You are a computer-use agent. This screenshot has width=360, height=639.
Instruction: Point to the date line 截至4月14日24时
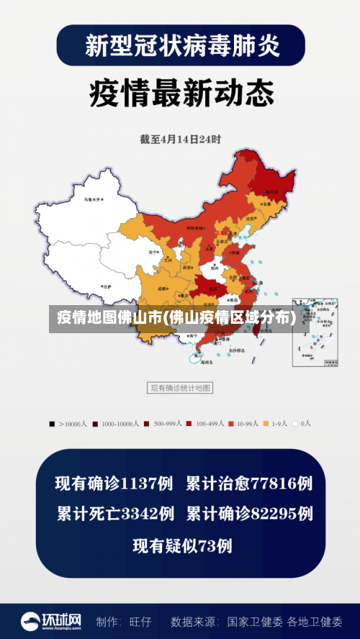180,139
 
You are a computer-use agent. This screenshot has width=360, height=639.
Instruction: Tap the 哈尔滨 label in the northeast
271,191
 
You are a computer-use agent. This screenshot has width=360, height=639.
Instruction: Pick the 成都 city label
161,288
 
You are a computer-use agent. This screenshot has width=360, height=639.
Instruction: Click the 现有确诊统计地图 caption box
180,388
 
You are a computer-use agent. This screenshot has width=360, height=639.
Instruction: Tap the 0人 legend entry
302,424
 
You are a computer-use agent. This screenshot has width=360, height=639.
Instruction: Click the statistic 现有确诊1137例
114,484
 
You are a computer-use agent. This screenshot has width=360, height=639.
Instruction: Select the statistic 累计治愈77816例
249,484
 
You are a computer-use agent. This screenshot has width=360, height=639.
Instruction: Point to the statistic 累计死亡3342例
115,514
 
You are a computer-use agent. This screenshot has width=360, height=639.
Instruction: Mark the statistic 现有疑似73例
182,546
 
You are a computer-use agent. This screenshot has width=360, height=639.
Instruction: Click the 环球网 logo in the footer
50,620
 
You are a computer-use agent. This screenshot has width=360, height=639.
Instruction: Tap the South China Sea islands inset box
314,332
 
